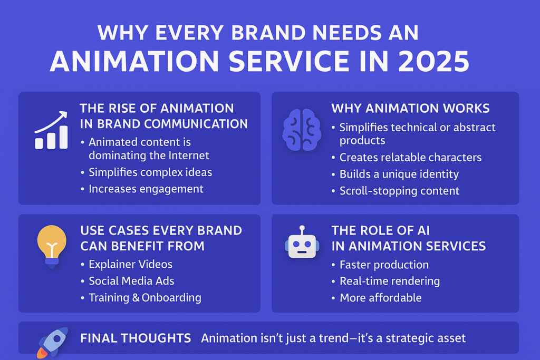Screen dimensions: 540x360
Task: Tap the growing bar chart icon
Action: pyautogui.click(x=51, y=130)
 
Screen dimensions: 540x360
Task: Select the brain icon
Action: pyautogui.click(x=302, y=130)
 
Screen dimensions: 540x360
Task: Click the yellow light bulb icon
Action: pyautogui.click(x=52, y=246)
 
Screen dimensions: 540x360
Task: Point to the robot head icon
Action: pyautogui.click(x=302, y=242)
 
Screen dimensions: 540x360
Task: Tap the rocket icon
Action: pyautogui.click(x=52, y=343)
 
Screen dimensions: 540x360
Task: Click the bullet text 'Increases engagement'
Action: pyautogui.click(x=146, y=189)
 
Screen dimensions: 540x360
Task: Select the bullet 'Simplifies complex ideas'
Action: pyautogui.click(x=150, y=172)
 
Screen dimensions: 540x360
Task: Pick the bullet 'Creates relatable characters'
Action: pyautogui.click(x=410, y=157)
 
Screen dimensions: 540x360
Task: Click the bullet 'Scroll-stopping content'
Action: pyautogui.click(x=400, y=191)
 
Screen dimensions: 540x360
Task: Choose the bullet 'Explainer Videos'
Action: pyautogui.click(x=131, y=264)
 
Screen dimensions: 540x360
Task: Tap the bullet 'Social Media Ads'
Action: pyautogui.click(x=131, y=281)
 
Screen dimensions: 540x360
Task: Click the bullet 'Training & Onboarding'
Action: pyautogui.click(x=145, y=298)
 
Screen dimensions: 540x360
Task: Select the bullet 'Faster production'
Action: pyautogui.click(x=384, y=265)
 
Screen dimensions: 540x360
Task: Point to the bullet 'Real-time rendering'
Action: pyautogui.click(x=390, y=281)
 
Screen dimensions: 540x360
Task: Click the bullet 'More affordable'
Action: pyautogui.click(x=381, y=298)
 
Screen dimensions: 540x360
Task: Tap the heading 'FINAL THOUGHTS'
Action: pyautogui.click(x=136, y=338)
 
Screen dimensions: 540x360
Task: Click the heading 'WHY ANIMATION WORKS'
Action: pyautogui.click(x=410, y=109)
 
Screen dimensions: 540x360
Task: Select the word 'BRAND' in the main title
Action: pyautogui.click(x=268, y=33)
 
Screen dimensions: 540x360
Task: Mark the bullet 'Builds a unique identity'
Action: pyautogui.click(x=399, y=174)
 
